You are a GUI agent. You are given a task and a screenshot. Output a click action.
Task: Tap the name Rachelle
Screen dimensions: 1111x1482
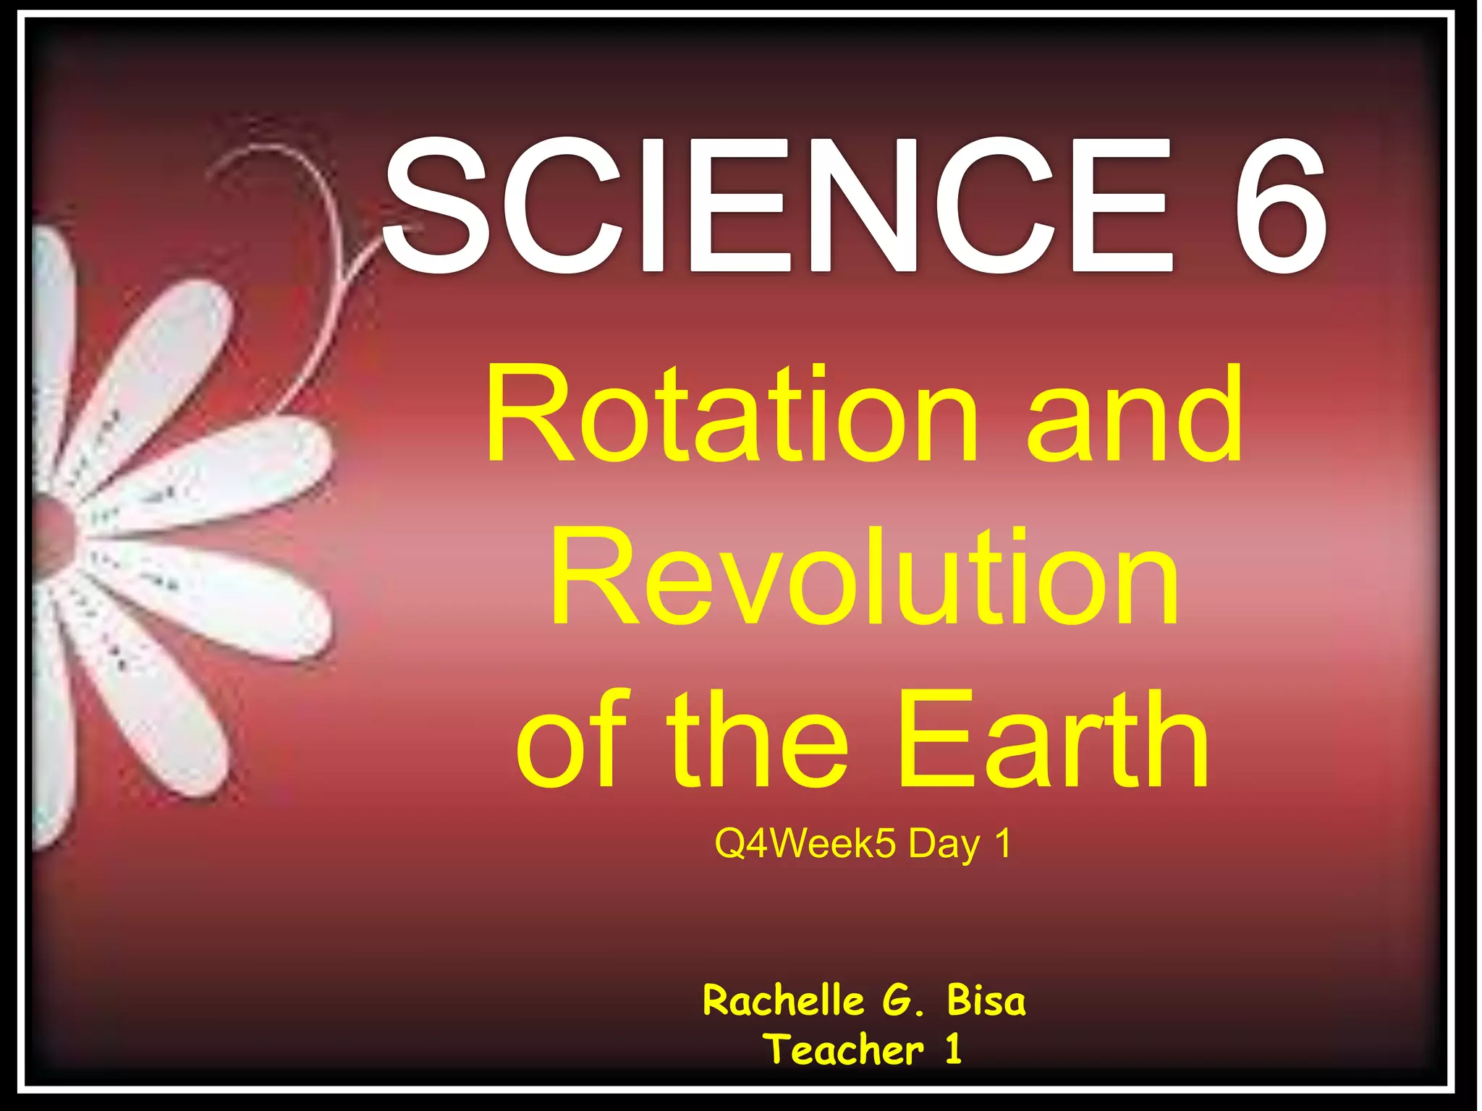click(x=784, y=1001)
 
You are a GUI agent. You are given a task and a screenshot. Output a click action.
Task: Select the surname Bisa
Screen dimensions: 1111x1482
click(x=986, y=1001)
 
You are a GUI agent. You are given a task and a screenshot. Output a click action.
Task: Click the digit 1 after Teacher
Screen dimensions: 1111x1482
click(x=954, y=1050)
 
